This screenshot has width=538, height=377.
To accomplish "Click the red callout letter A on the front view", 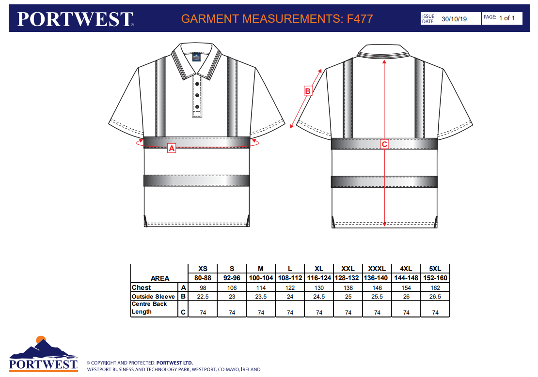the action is tap(171, 149).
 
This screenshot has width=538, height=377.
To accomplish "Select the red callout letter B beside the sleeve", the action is tap(307, 90).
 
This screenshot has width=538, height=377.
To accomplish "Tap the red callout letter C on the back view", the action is tap(384, 144).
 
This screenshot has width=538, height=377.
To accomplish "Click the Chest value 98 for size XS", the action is tap(203, 288).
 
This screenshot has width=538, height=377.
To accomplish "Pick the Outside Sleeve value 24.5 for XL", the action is tap(319, 297).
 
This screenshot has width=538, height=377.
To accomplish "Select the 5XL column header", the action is tap(435, 269).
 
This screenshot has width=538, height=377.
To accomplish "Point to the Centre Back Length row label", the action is tap(149, 308).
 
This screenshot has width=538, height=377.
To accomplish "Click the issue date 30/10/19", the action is tap(454, 19).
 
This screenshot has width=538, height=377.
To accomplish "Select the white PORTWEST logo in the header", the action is tap(75, 19).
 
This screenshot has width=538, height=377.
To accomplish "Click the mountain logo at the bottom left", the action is tap(43, 347).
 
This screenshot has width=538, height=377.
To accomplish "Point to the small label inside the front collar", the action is tap(196, 58).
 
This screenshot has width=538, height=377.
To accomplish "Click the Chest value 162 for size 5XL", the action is tap(435, 288).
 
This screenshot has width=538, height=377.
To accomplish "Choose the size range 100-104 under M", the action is tap(261, 278).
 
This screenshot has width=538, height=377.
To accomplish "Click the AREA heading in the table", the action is tap(160, 278).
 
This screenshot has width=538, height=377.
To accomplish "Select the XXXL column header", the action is tap(377, 269).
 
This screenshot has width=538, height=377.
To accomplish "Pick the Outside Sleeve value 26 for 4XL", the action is tap(406, 297).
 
